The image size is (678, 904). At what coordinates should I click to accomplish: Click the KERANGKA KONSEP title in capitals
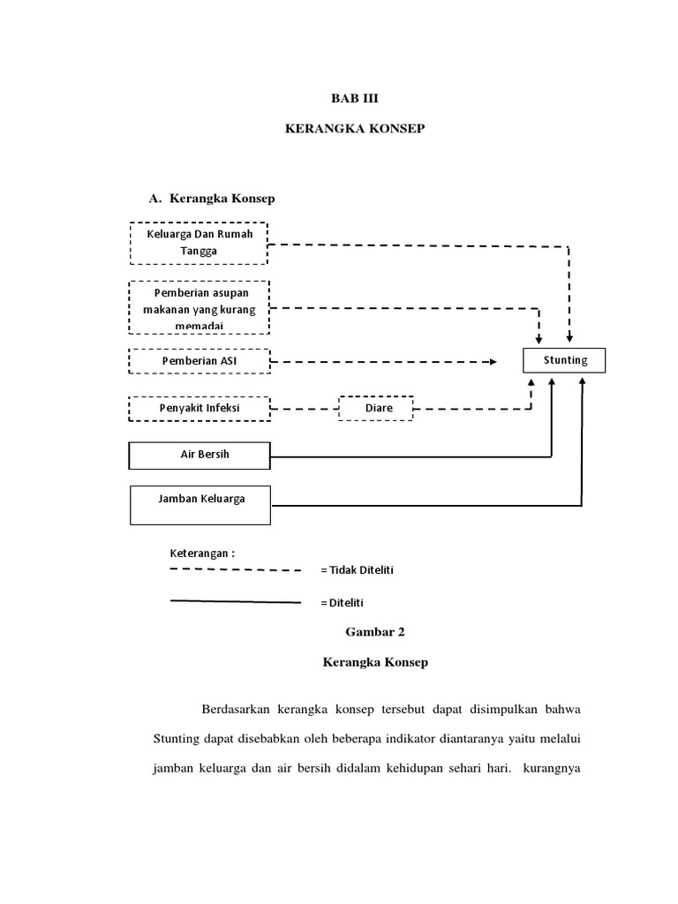tap(356, 129)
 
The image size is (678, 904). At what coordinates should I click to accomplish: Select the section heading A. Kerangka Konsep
tap(212, 199)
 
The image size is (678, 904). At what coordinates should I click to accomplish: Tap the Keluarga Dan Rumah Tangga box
tap(200, 242)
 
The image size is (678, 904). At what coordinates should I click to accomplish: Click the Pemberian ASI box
tap(200, 361)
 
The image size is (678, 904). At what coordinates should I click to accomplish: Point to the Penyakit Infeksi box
tap(200, 409)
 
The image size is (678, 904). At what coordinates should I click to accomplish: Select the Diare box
tap(378, 409)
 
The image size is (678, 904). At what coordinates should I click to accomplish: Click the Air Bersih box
tap(200, 456)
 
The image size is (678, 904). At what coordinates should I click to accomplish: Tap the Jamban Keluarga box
tap(200, 504)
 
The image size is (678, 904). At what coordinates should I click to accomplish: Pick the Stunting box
tap(565, 361)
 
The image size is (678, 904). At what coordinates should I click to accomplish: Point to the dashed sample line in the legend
tap(235, 570)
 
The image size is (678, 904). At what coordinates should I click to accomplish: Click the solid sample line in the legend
tap(235, 602)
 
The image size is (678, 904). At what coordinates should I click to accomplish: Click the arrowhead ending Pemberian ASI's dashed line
tap(492, 362)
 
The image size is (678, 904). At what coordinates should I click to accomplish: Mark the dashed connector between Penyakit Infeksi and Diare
tap(305, 409)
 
